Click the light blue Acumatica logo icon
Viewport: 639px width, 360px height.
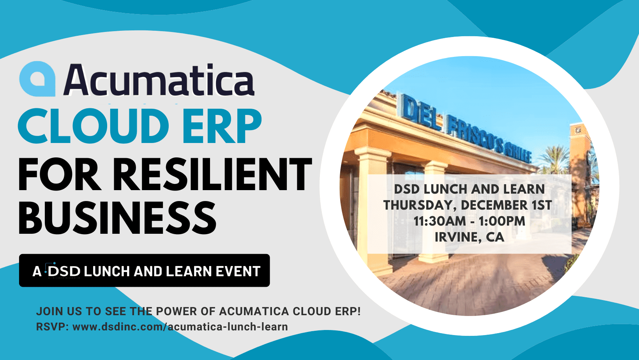[37, 78]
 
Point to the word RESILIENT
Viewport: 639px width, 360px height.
[212, 174]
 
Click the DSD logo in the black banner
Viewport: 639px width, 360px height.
[64, 270]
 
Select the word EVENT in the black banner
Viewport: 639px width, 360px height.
[238, 271]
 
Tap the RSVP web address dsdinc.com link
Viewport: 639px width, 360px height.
[180, 326]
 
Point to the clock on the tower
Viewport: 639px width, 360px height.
[578, 131]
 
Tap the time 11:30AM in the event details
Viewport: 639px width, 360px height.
[440, 221]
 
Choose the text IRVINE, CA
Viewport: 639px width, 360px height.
[470, 237]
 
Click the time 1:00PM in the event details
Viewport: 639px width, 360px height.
[502, 221]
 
